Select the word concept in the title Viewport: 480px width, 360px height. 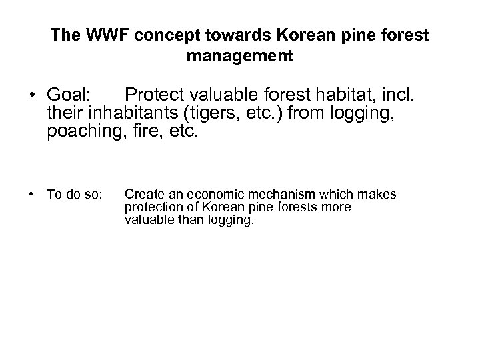pyautogui.click(x=159, y=35)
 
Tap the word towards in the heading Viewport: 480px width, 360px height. pyautogui.click(x=223, y=35)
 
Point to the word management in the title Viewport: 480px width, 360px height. pyautogui.click(x=239, y=56)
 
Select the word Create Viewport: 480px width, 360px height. pyautogui.click(x=141, y=194)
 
